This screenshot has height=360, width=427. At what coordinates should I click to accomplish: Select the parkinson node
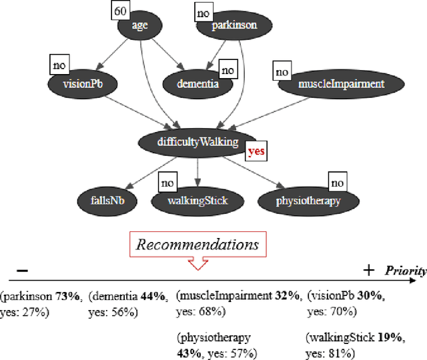[234, 27]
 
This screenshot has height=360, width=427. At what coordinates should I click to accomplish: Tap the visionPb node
[82, 85]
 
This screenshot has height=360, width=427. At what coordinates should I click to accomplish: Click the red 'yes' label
[256, 151]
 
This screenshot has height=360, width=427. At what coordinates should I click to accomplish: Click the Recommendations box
[197, 244]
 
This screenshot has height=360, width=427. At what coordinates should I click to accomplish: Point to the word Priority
[405, 271]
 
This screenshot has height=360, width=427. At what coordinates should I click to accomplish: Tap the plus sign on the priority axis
[368, 269]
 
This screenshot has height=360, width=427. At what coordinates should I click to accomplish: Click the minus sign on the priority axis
[22, 270]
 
